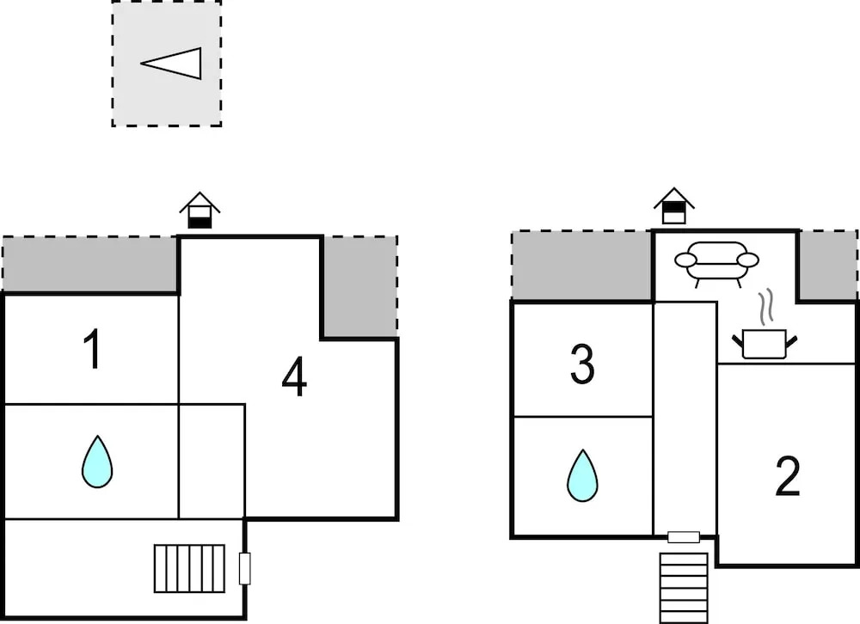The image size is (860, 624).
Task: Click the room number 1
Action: pos(92,349)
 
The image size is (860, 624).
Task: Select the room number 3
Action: pos(582,364)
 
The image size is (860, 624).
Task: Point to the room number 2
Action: pos(788,476)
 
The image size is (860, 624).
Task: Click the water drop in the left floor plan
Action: pos(98,462)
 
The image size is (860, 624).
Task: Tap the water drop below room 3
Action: pos(582,475)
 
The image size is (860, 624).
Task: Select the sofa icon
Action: pos(716,264)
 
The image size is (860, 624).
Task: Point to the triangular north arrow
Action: pos(171,63)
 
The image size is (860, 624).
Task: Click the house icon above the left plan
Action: pos(200,210)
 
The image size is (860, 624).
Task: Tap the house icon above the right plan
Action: pos(674,205)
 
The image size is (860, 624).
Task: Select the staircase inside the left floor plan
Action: pos(189,569)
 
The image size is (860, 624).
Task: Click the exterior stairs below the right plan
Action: pos(684,588)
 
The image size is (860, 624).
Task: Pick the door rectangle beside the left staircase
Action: pos(245,569)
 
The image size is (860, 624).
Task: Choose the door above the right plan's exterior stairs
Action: pos(684,537)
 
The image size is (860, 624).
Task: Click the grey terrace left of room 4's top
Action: pos(90,264)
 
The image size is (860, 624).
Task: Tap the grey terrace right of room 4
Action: pos(359,286)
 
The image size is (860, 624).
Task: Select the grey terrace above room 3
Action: pos(582,266)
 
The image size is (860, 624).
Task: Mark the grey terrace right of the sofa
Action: pos(827,266)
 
